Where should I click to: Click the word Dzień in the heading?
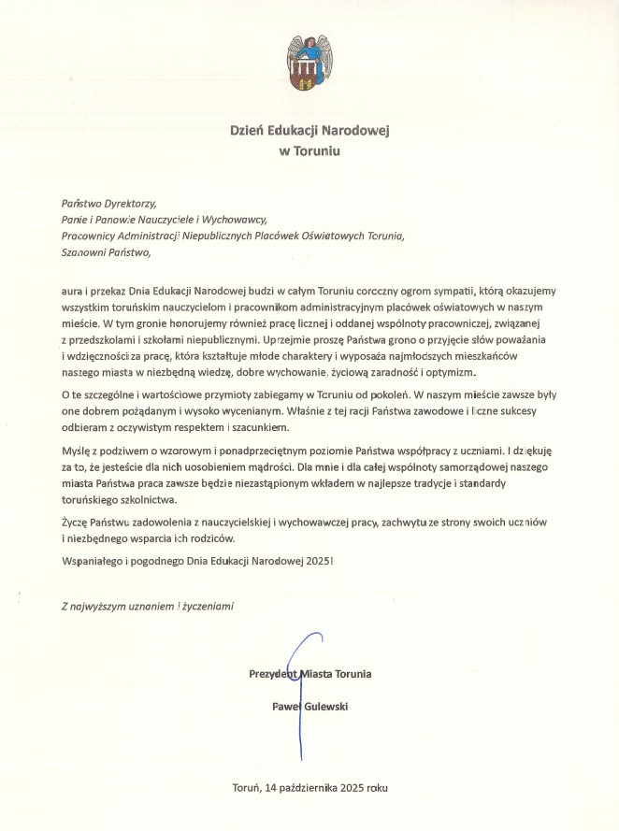248,132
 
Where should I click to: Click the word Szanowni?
81,253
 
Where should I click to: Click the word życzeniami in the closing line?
210,606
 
